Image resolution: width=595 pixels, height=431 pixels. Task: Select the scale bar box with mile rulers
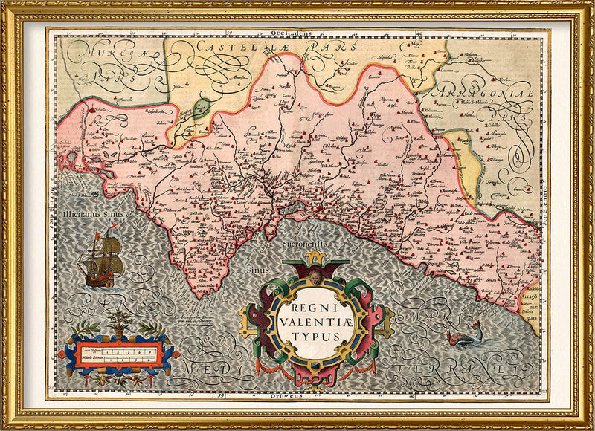tap(119, 354)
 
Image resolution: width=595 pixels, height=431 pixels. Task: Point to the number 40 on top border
tap(421, 32)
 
